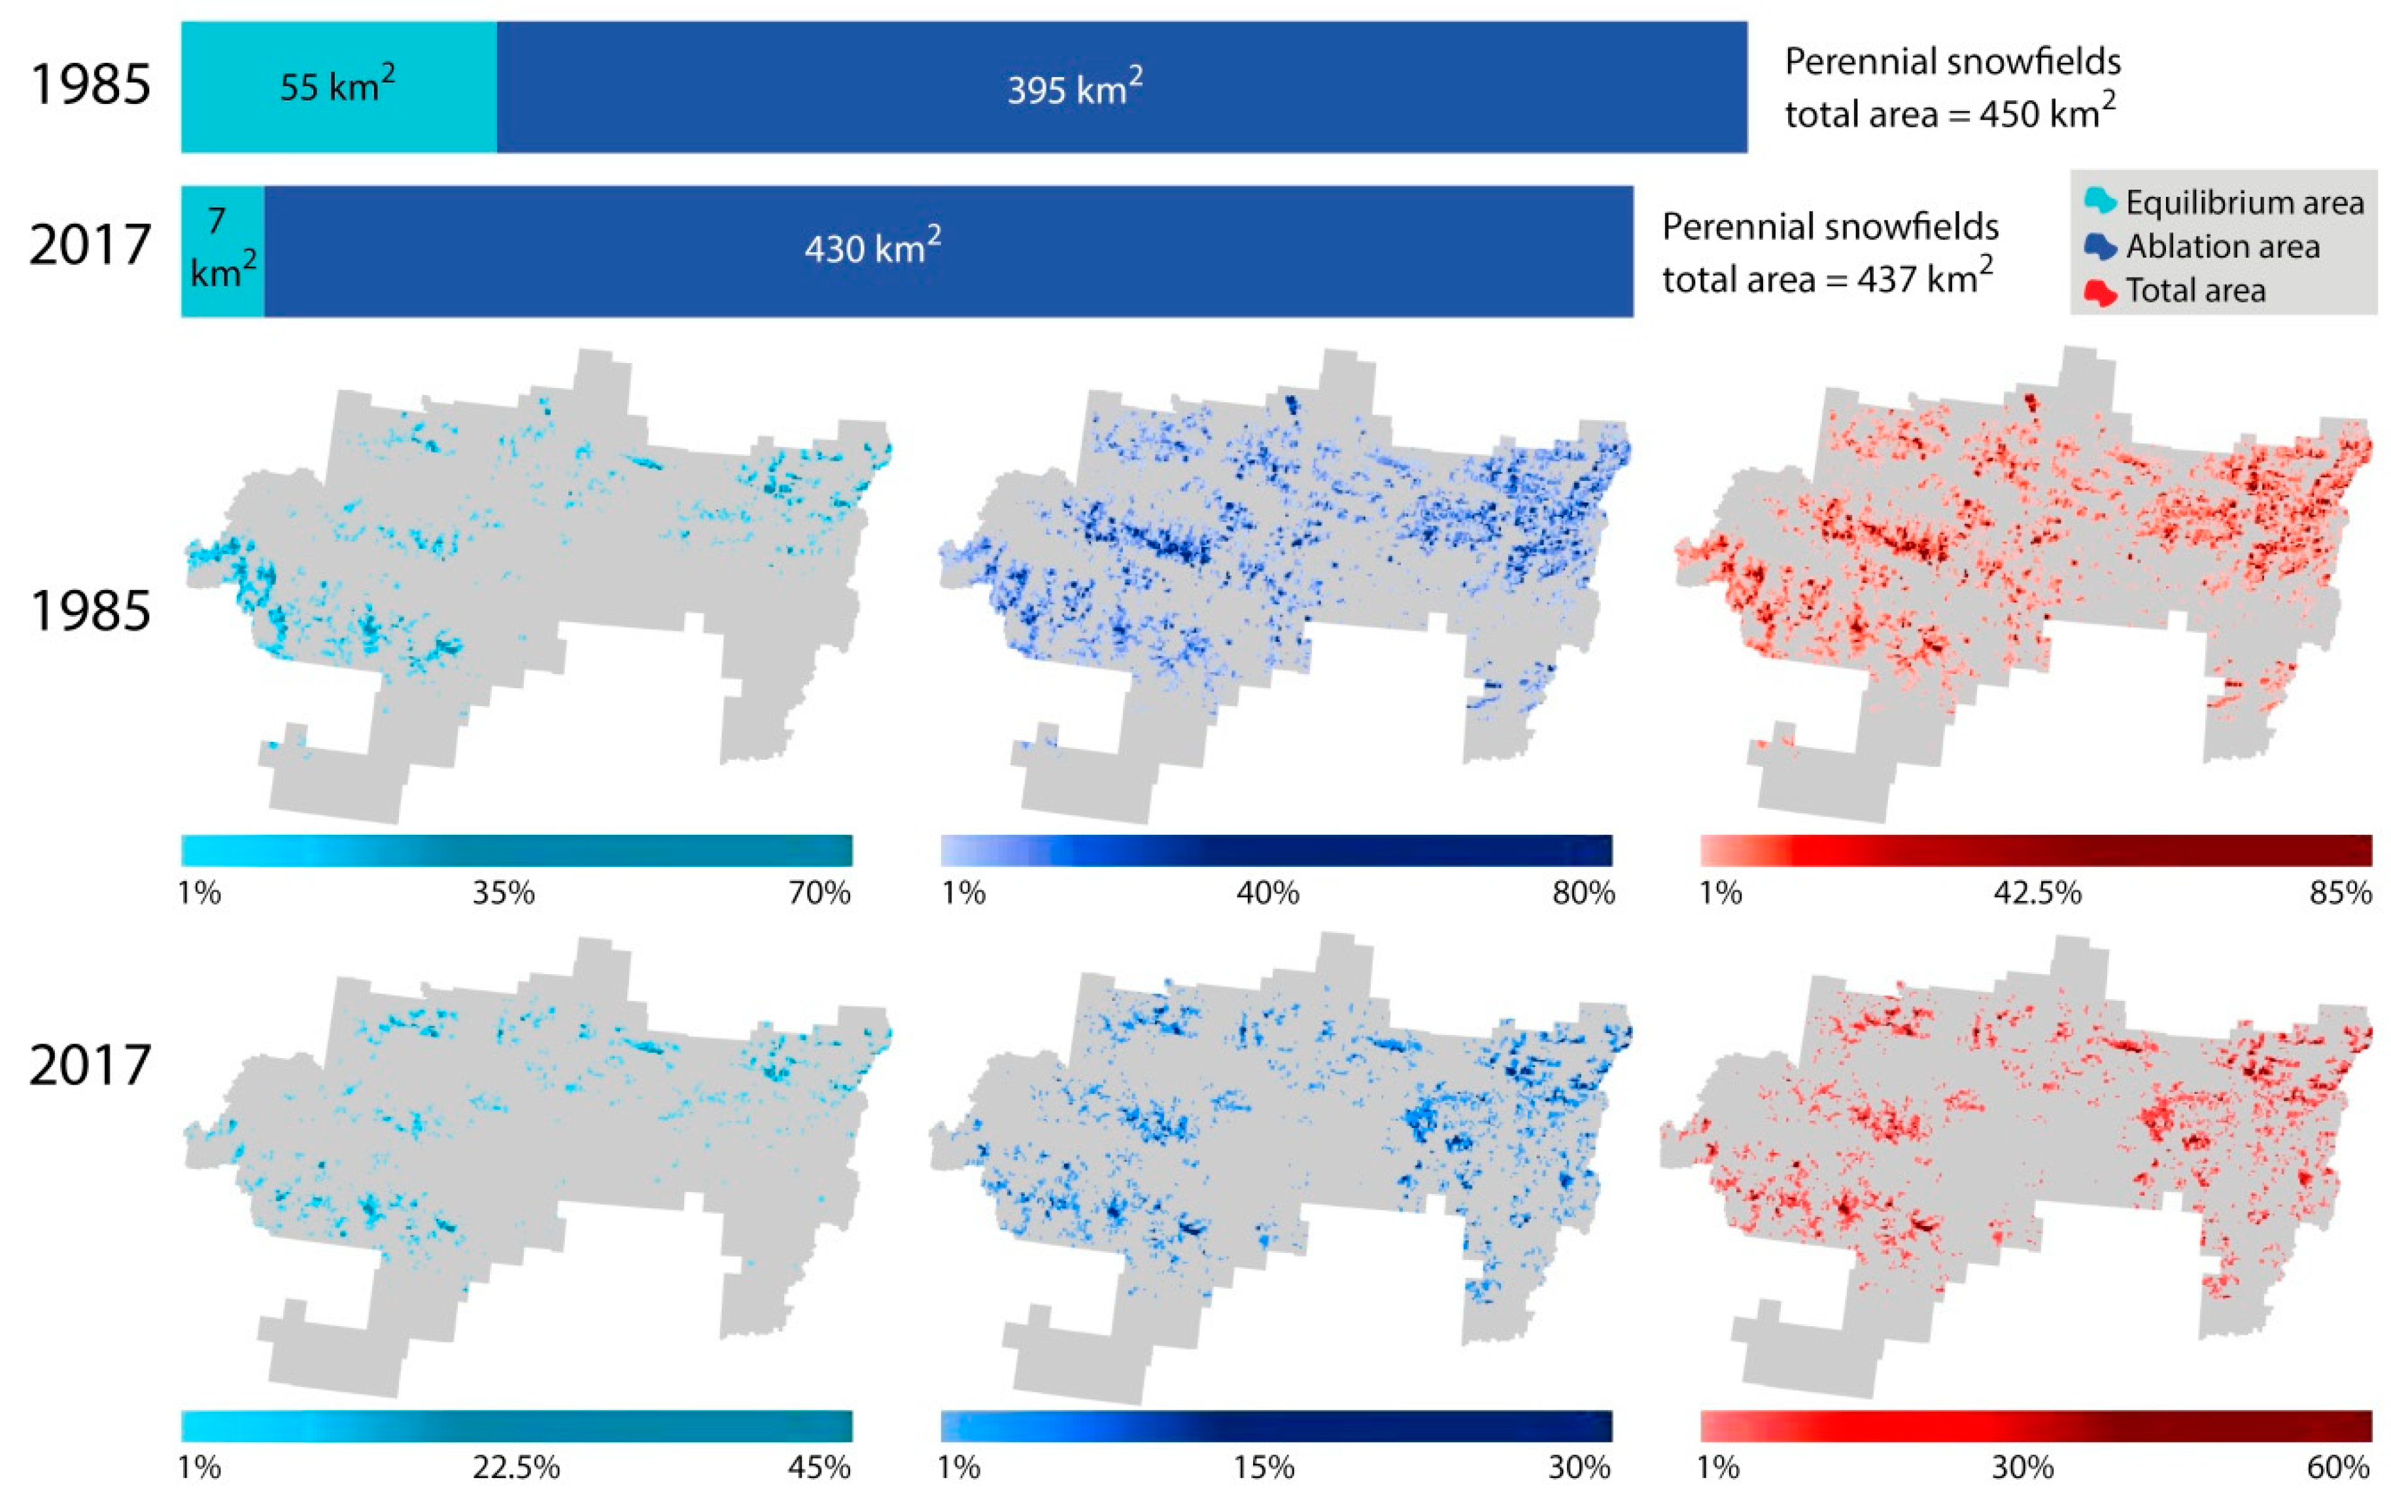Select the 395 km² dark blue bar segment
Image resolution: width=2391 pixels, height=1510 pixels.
1122,88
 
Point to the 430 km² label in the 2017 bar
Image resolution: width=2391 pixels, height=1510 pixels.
872,247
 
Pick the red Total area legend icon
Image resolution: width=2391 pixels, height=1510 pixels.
2099,292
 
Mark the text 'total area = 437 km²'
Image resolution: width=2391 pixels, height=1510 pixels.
1827,279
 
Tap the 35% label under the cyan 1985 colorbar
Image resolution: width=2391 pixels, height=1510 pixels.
504,893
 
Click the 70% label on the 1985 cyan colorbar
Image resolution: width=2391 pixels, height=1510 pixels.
819,893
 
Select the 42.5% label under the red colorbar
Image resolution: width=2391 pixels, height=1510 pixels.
2037,893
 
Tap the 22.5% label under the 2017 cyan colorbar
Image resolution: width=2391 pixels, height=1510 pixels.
515,1467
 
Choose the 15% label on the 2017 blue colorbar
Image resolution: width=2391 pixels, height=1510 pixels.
1264,1467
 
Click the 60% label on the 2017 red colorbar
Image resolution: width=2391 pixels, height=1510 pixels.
2339,1467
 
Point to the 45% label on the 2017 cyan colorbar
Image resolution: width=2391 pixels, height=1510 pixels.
819,1467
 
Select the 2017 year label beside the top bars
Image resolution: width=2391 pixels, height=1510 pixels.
90,245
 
